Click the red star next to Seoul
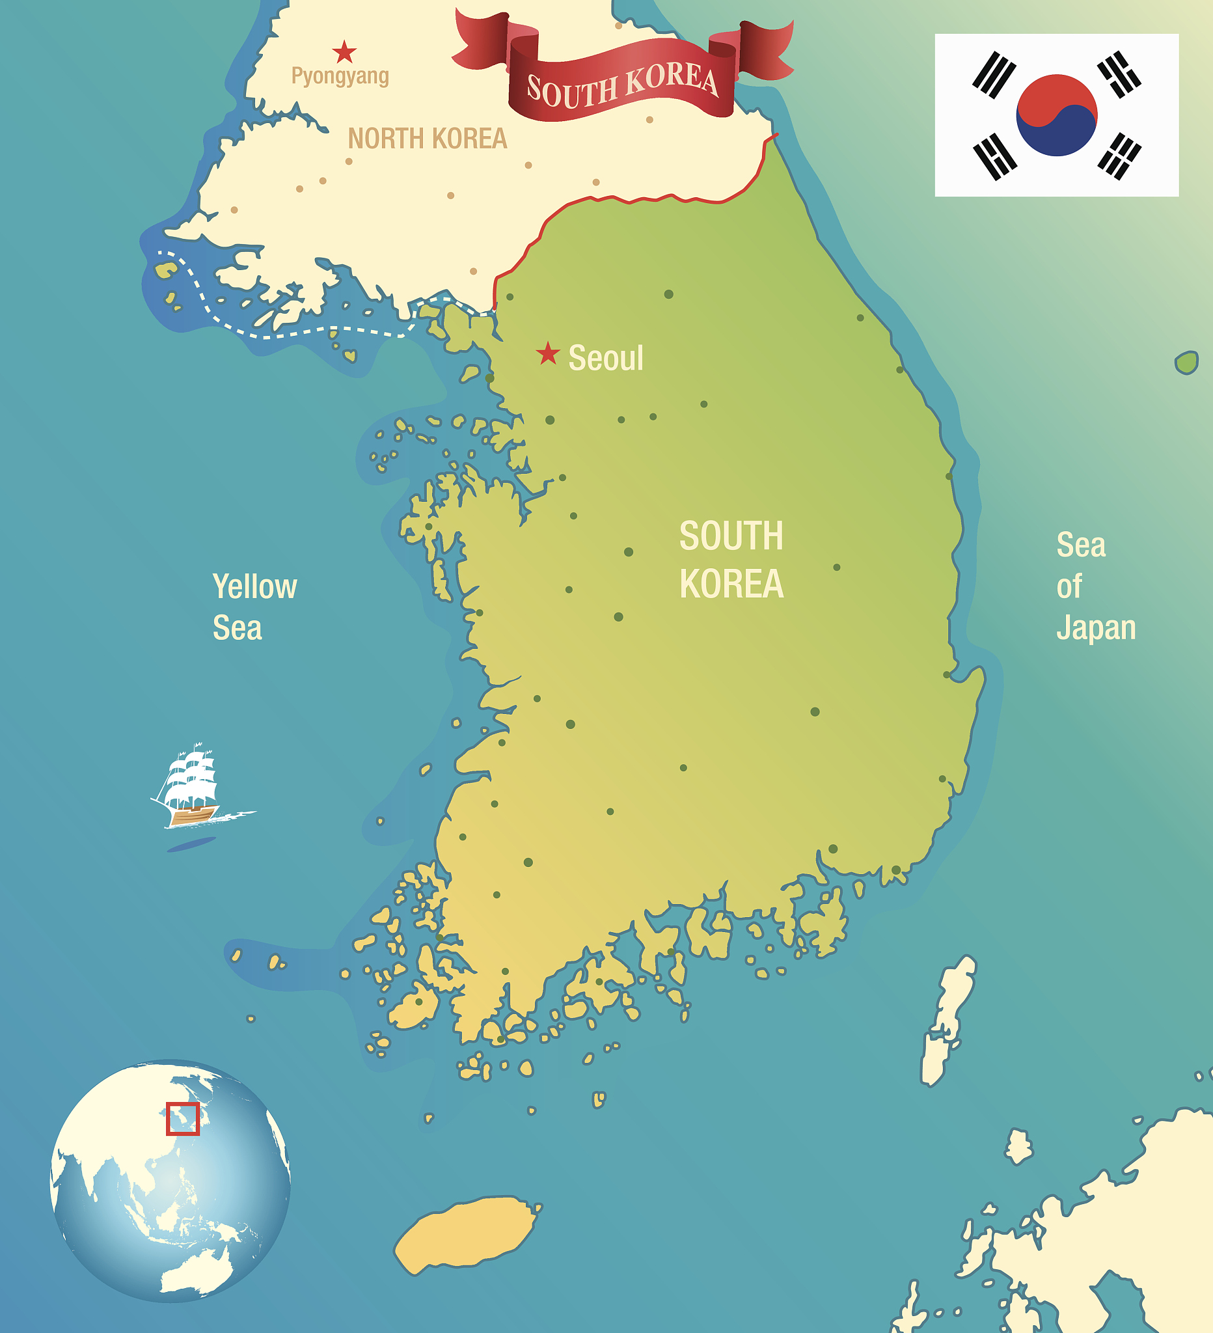pos(547,353)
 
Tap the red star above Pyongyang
pos(344,51)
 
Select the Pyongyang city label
pos(340,76)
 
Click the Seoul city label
pos(605,359)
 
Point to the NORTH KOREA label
pos(427,139)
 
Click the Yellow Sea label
pos(254,607)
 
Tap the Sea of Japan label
pos(1095,586)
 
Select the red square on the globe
pos(182,1118)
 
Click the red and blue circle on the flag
pos(1056,115)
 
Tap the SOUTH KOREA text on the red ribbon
pos(621,85)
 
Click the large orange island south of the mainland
pos(466,1234)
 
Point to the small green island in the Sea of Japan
pos(1186,363)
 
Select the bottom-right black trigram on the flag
pos(1119,156)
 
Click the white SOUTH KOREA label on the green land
pos(731,559)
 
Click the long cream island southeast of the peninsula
pos(947,1018)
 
